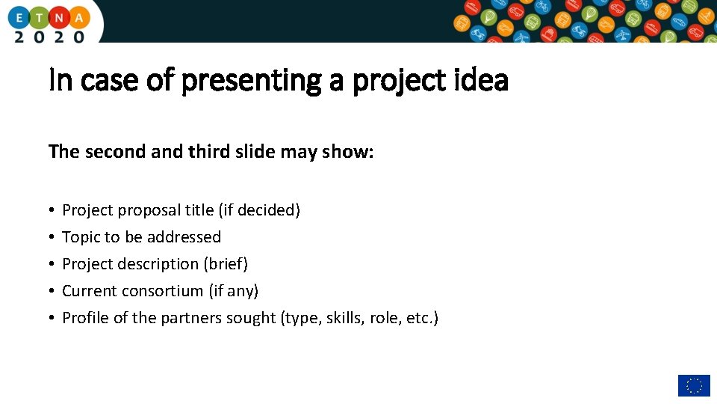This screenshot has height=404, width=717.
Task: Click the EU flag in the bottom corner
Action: coord(693,385)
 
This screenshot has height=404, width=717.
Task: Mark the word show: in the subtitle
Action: coord(347,152)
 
